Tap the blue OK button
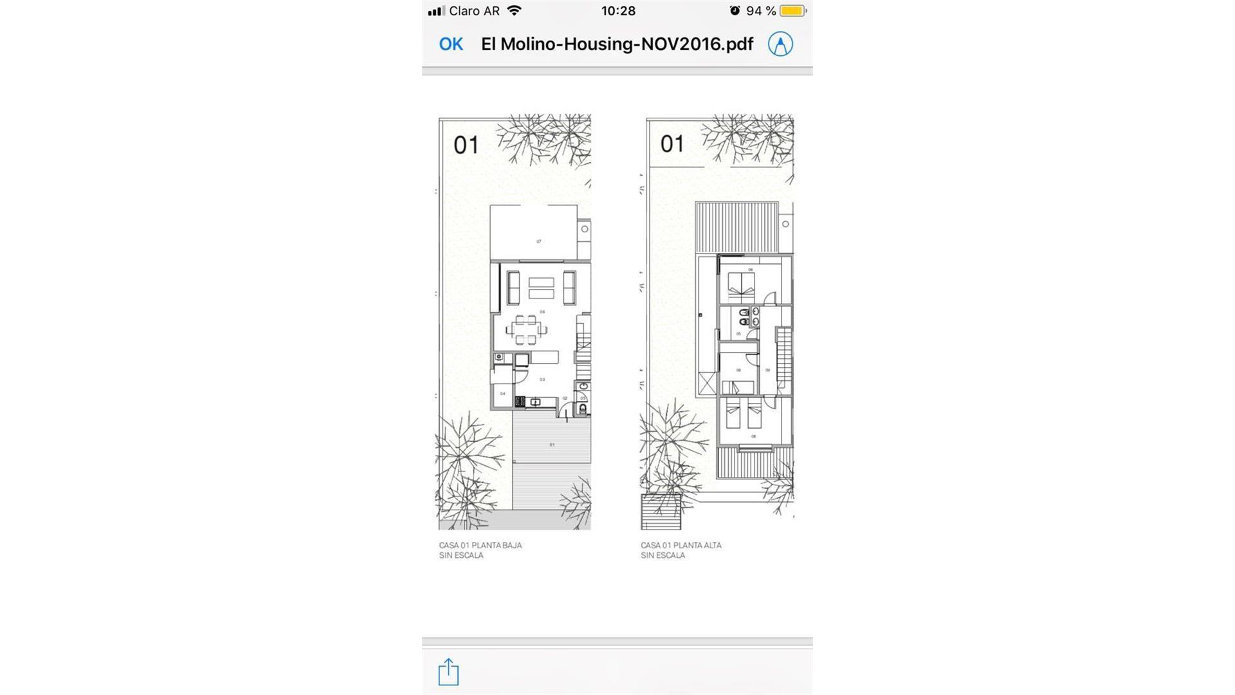(x=451, y=44)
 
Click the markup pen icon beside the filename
(x=780, y=44)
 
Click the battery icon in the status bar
(x=792, y=11)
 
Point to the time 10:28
(x=618, y=11)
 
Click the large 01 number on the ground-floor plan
(x=466, y=145)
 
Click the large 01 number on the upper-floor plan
(x=672, y=144)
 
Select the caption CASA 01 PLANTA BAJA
(x=480, y=545)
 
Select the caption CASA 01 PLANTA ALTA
(x=681, y=545)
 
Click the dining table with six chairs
(x=526, y=329)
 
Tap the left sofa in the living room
(x=513, y=288)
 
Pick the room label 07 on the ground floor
(x=538, y=241)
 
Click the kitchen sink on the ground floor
(x=535, y=402)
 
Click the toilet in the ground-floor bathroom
(x=583, y=409)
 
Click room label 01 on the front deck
(x=551, y=445)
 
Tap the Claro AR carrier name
(x=474, y=11)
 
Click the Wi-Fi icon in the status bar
(x=514, y=11)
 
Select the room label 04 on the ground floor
(x=502, y=393)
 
